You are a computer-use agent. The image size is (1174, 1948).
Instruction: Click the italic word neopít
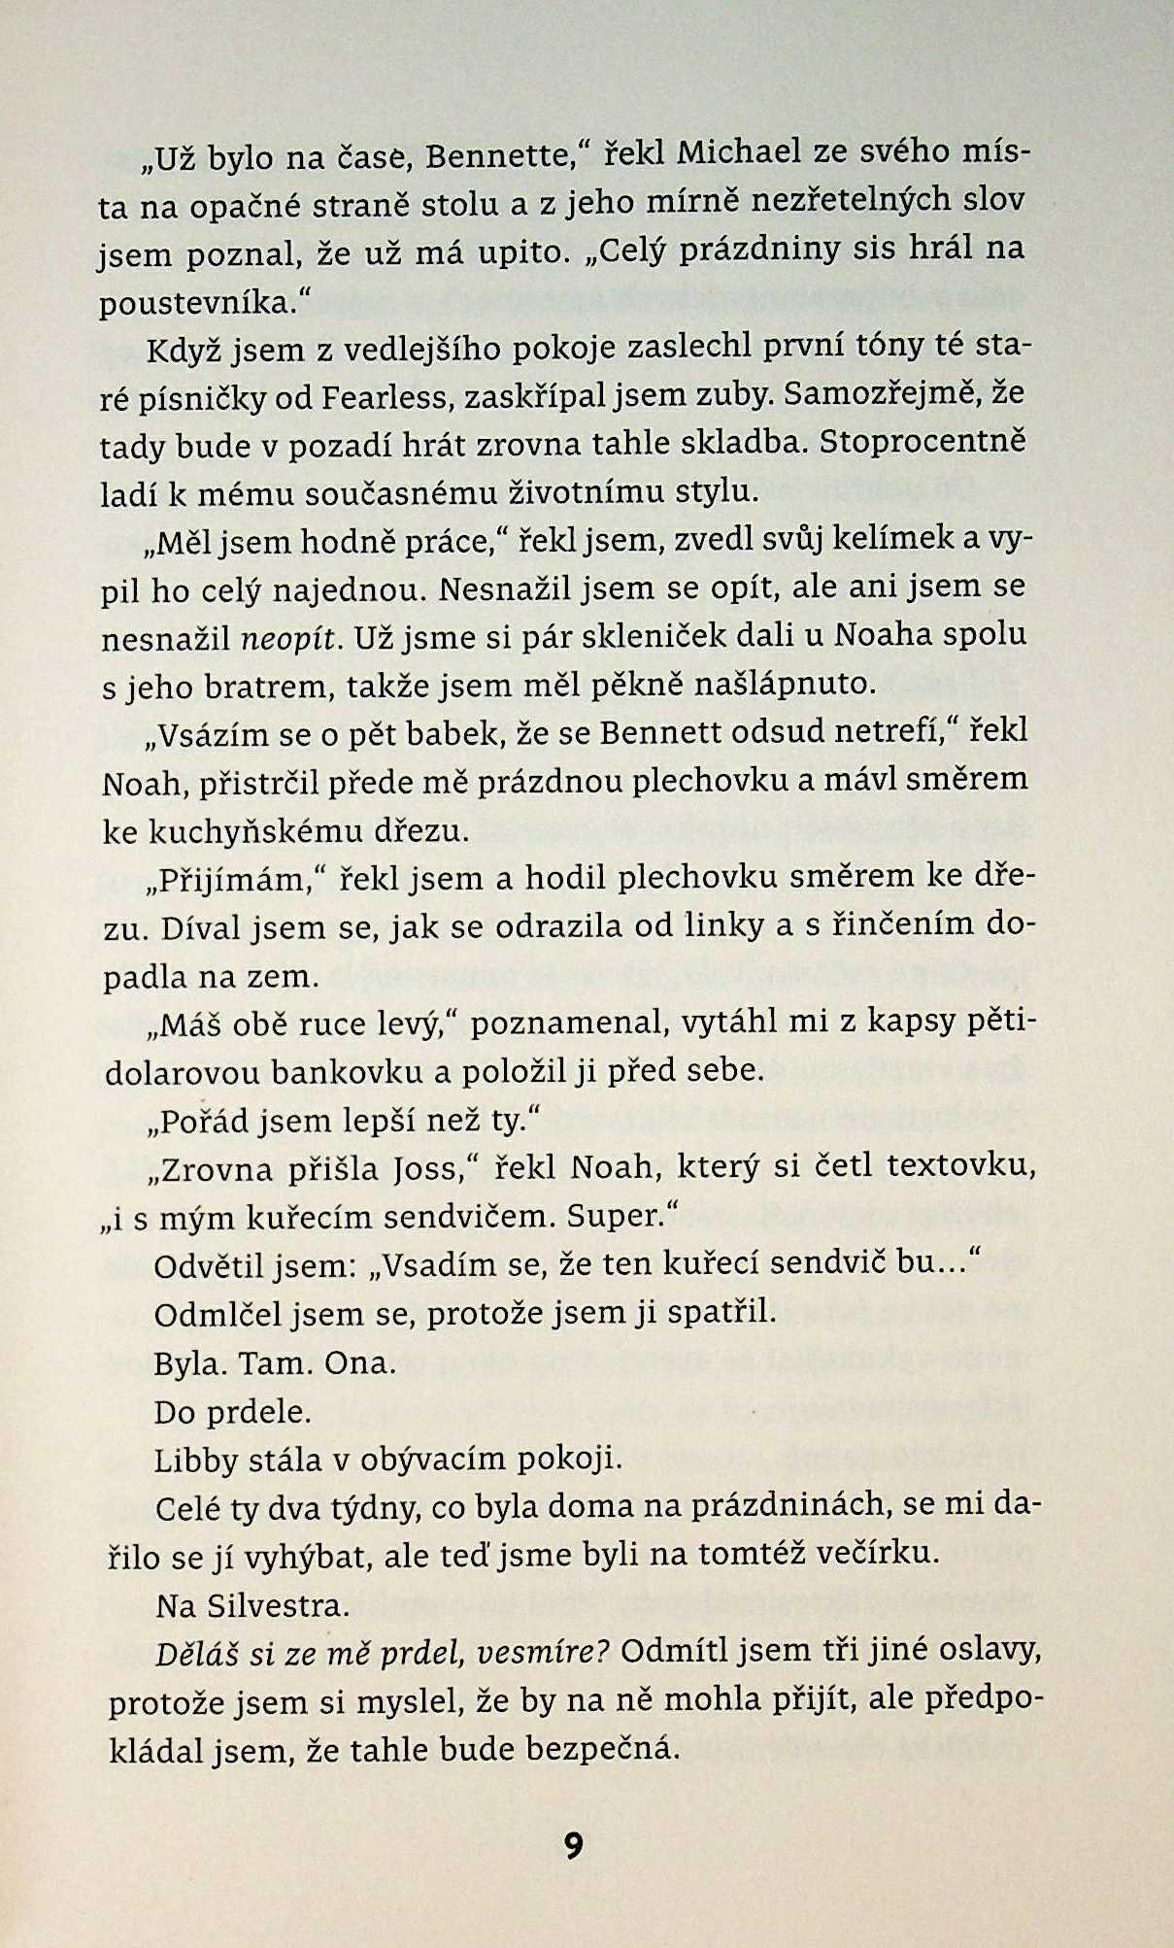point(291,638)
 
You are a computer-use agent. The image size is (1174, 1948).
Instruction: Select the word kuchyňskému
point(259,832)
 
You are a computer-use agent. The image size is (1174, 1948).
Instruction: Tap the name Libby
point(192,1459)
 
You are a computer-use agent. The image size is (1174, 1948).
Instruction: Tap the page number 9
point(573,1844)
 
